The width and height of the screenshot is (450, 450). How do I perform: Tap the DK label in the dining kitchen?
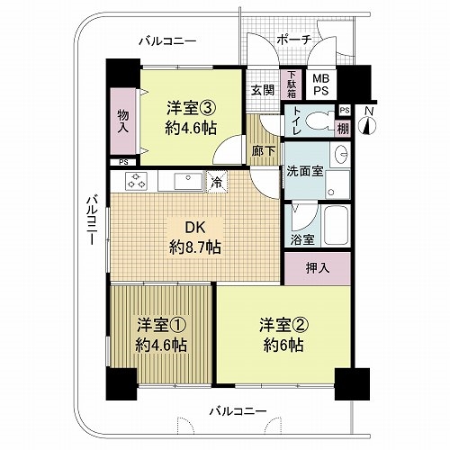[195, 228]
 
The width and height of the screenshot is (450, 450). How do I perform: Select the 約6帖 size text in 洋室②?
[283, 346]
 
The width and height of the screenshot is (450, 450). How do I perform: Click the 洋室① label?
[161, 326]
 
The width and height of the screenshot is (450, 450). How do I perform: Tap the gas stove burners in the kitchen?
[138, 181]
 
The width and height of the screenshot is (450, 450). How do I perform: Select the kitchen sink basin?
[188, 181]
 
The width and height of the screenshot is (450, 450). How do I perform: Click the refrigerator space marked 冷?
[216, 182]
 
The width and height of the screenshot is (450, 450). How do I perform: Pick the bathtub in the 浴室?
[336, 226]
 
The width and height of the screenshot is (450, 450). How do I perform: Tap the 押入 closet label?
[318, 268]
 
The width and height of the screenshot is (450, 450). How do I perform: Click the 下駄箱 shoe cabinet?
[292, 85]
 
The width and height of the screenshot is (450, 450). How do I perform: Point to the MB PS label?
[321, 85]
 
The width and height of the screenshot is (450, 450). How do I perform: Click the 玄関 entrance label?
[263, 90]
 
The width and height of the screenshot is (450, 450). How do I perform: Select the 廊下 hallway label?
[263, 151]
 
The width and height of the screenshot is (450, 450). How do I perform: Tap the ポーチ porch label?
[294, 40]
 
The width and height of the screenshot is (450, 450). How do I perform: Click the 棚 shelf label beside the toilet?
[343, 129]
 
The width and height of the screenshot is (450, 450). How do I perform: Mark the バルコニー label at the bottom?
[238, 410]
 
